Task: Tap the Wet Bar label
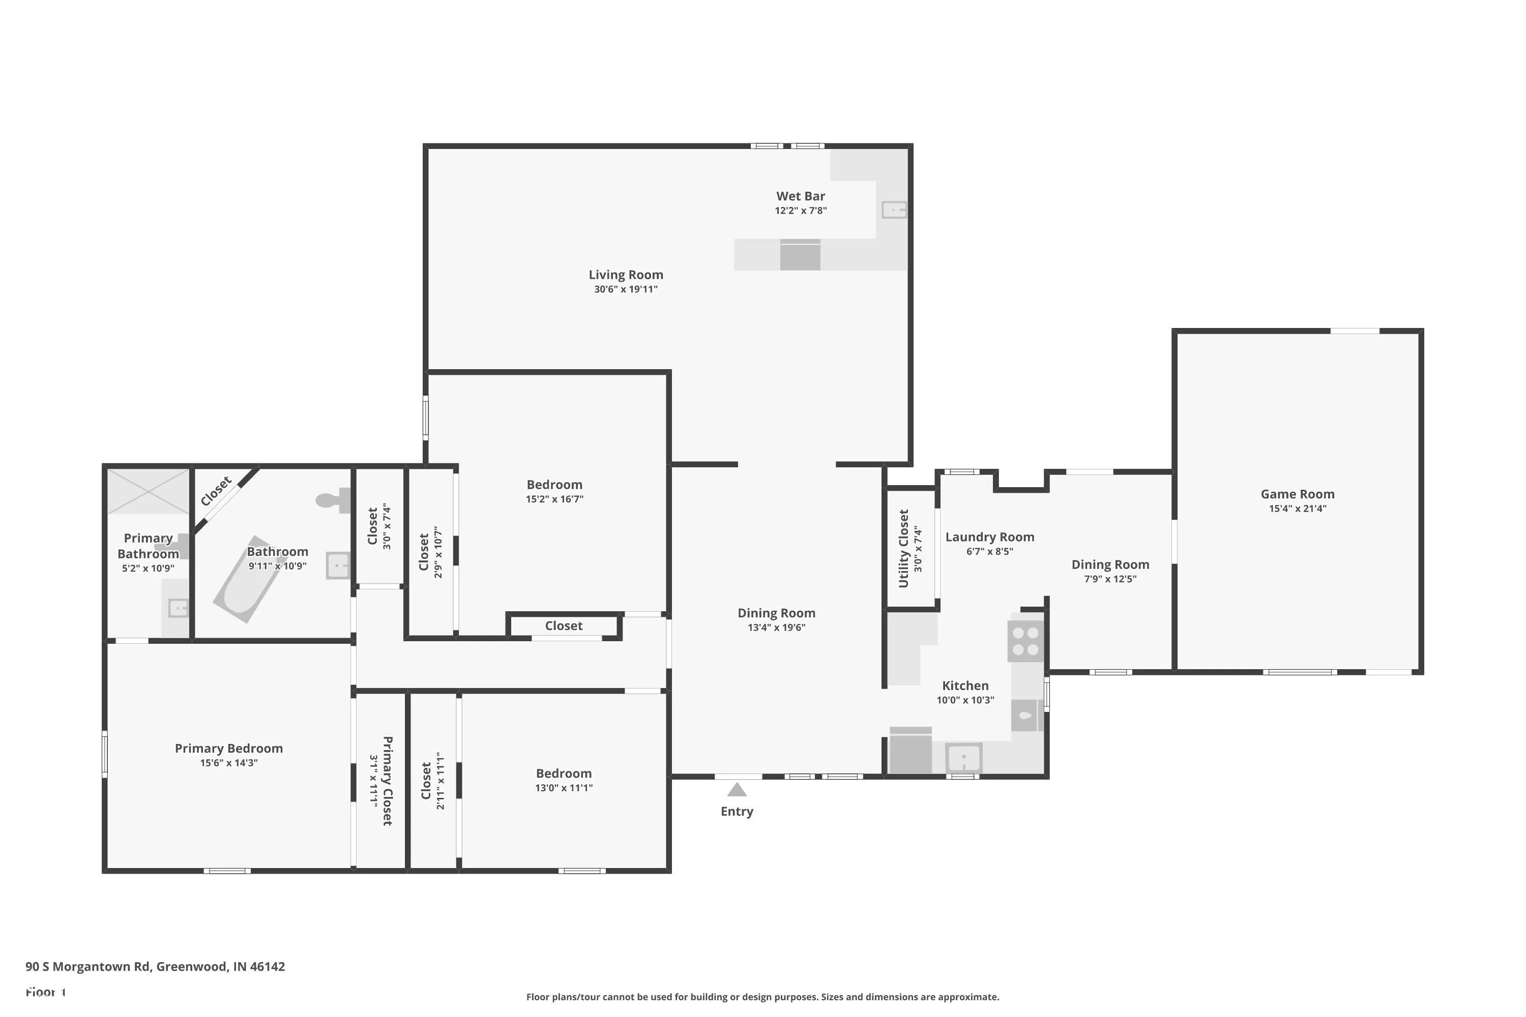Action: click(801, 196)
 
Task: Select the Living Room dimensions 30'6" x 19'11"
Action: click(626, 289)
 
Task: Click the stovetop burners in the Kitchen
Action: click(1025, 641)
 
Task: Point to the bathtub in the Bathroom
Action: click(250, 579)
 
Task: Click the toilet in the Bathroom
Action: click(333, 500)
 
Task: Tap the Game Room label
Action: click(1298, 494)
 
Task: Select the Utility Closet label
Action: click(903, 549)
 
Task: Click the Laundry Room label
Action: click(989, 537)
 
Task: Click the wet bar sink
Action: click(894, 210)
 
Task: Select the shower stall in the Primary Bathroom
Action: click(148, 492)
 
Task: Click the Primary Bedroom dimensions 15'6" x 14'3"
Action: click(228, 763)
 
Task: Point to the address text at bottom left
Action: click(155, 967)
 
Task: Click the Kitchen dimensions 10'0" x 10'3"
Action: click(965, 700)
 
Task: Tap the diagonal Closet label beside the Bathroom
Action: click(216, 491)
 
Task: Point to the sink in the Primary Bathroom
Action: click(178, 608)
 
